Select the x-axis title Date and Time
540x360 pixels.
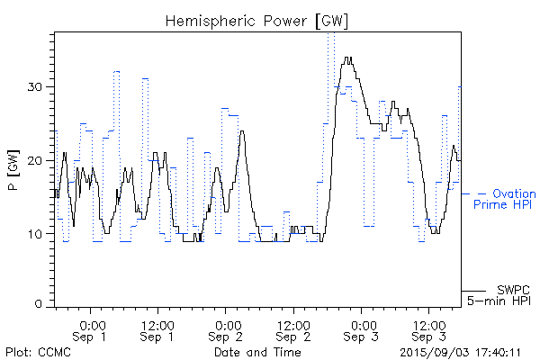[x=256, y=352]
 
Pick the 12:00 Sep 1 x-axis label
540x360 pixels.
[x=157, y=329]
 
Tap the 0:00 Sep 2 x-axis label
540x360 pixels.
[x=227, y=329]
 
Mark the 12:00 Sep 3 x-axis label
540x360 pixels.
[x=429, y=329]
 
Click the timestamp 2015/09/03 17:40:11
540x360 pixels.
[x=461, y=352]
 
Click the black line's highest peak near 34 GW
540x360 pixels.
[x=347, y=58]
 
